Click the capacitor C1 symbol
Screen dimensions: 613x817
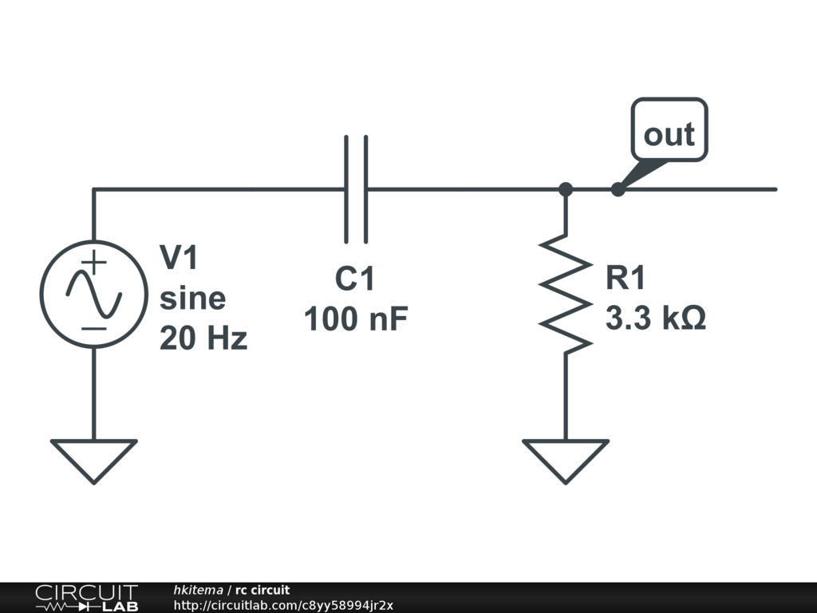click(x=357, y=189)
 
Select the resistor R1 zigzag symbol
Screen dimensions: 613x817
click(x=566, y=293)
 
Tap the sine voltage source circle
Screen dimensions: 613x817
click(x=93, y=293)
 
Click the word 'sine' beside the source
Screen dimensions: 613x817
click(x=192, y=299)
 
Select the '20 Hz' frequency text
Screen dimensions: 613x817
click(x=203, y=339)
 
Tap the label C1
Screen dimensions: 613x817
click(x=354, y=279)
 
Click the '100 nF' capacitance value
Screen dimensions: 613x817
click(x=356, y=319)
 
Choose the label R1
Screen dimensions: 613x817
click(x=625, y=279)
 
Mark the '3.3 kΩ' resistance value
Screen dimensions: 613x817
click(x=655, y=319)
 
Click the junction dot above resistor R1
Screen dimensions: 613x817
click(x=566, y=189)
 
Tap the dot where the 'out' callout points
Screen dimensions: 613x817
click(x=617, y=189)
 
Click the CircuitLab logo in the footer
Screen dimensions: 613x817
click(x=86, y=597)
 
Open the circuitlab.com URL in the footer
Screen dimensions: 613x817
click(x=283, y=605)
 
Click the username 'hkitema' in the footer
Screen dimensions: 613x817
click(x=198, y=590)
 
